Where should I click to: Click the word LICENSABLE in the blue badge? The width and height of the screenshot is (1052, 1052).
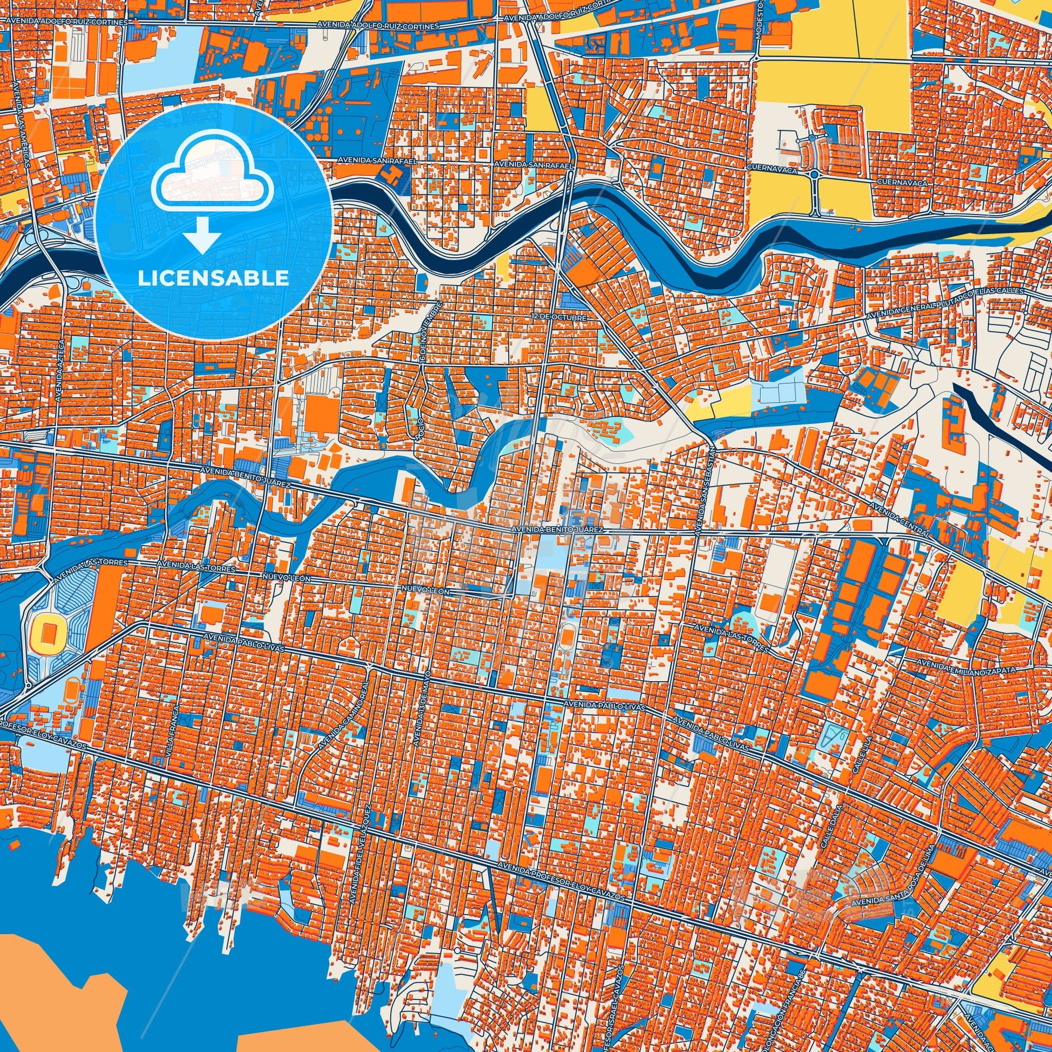click(214, 278)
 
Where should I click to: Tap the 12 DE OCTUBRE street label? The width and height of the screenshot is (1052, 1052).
click(558, 316)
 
